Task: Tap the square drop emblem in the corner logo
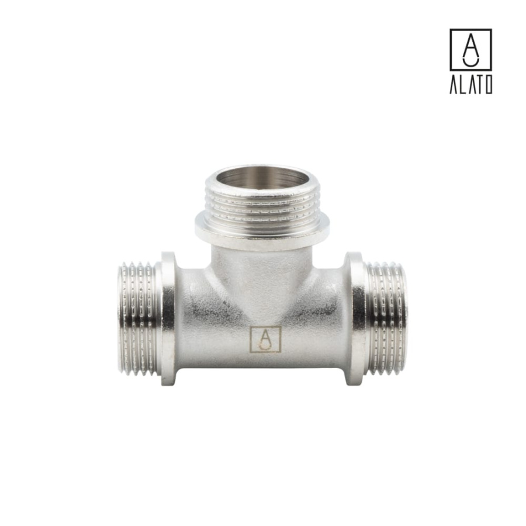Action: click(470, 50)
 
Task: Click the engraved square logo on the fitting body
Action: click(265, 340)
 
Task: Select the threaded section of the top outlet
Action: click(262, 205)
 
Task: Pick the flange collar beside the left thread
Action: click(168, 319)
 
